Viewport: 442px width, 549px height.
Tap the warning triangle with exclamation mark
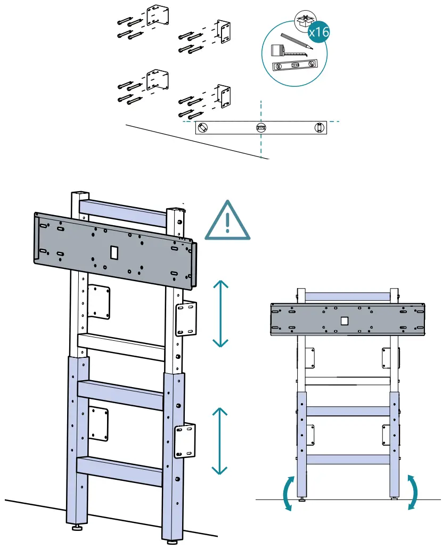(x=227, y=222)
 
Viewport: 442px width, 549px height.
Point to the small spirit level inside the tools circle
(x=293, y=67)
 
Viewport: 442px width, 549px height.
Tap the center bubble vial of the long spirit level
(x=260, y=128)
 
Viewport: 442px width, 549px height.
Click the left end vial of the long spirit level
(x=203, y=128)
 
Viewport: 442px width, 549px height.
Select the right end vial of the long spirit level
(x=318, y=128)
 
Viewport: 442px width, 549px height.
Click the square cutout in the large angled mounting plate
(x=114, y=253)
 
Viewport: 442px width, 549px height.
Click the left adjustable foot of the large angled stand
(x=78, y=528)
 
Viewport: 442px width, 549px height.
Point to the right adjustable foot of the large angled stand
(x=171, y=541)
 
